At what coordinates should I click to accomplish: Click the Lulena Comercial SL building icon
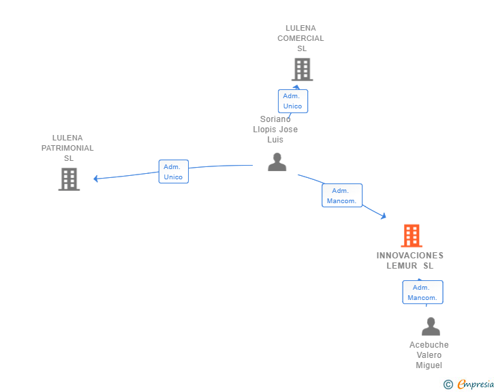coord(303,70)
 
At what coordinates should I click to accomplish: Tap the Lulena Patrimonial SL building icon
coord(69,179)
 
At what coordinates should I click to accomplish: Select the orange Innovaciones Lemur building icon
coord(412,236)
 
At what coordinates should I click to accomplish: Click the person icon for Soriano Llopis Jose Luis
coord(277,162)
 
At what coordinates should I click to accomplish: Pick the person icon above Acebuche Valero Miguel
coord(431,327)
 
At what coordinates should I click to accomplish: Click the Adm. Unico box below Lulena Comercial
coord(293,101)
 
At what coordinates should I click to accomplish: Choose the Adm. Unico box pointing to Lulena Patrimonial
coord(174,171)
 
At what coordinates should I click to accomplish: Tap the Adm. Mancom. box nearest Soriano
coord(342,196)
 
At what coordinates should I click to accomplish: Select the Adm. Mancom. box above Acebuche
coord(422,292)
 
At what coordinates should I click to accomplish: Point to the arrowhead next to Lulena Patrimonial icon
coord(95,179)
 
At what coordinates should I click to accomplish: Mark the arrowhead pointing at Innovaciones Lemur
coord(384,216)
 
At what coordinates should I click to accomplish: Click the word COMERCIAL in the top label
coord(300,38)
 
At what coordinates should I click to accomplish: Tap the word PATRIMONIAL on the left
coord(67,148)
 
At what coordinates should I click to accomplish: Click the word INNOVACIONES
coord(410,256)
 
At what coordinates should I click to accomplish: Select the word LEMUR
coord(402,266)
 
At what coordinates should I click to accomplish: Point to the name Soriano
coord(275,119)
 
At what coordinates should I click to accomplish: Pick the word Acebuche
coord(429,345)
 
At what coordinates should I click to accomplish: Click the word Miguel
coord(429,365)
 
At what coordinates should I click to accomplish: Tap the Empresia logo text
coord(476,384)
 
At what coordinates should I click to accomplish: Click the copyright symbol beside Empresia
coord(448,385)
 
